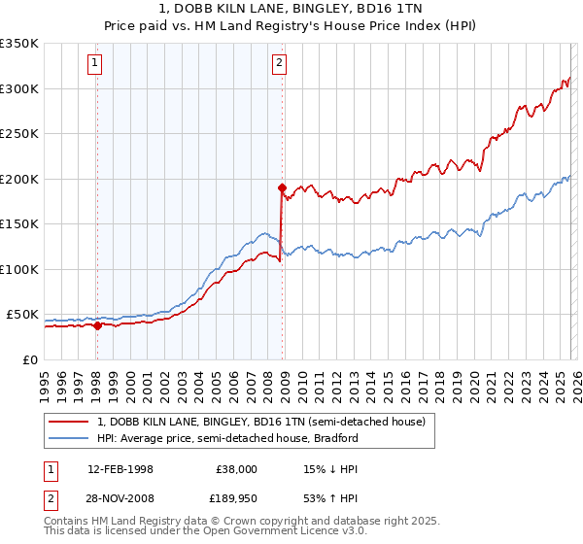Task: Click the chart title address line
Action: [291, 9]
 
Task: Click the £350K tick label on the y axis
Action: [19, 44]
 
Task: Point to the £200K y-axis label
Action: [19, 179]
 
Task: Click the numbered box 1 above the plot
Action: [95, 64]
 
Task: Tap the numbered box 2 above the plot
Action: [279, 64]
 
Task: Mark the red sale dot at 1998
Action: [97, 326]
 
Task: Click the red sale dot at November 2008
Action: [282, 187]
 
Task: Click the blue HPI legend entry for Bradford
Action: [227, 438]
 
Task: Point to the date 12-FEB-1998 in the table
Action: [120, 469]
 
